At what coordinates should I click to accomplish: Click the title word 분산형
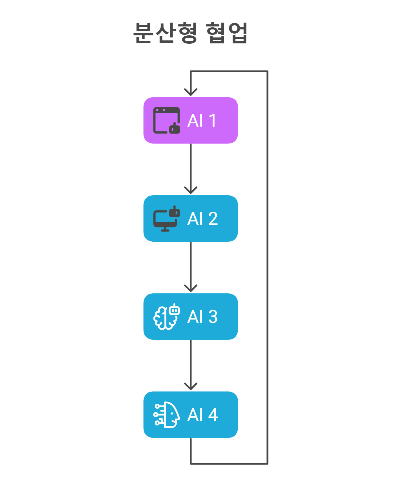[x=165, y=33]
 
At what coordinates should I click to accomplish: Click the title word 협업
[x=227, y=33]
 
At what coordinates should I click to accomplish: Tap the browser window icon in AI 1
[x=166, y=120]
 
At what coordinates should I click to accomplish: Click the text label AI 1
[x=202, y=120]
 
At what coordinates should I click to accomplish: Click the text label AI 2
[x=202, y=218]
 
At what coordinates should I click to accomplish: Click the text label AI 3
[x=202, y=317]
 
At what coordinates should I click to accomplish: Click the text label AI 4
[x=202, y=415]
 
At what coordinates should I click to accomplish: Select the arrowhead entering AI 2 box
[x=191, y=190]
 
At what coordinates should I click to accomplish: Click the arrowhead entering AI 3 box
[x=191, y=288]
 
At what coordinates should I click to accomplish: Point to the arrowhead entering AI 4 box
[x=191, y=386]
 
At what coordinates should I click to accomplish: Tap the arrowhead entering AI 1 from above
[x=191, y=92]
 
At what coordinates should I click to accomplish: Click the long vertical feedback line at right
[x=268, y=268]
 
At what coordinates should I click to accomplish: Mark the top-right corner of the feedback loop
[x=268, y=71]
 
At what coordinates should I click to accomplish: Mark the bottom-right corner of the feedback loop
[x=268, y=463]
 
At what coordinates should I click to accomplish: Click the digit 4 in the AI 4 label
[x=213, y=415]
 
